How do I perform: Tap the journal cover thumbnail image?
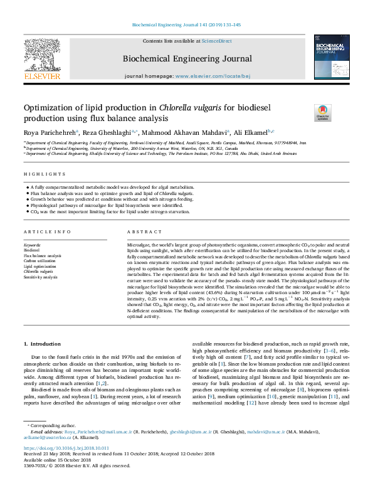[332, 58]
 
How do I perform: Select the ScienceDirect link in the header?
[219, 41]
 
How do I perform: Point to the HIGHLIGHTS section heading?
[45, 174]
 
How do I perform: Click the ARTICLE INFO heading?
[47, 231]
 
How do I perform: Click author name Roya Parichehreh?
[49, 133]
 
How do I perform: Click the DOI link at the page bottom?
[66, 448]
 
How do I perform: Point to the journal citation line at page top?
[186, 24]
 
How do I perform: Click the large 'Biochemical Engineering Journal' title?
[187, 59]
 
